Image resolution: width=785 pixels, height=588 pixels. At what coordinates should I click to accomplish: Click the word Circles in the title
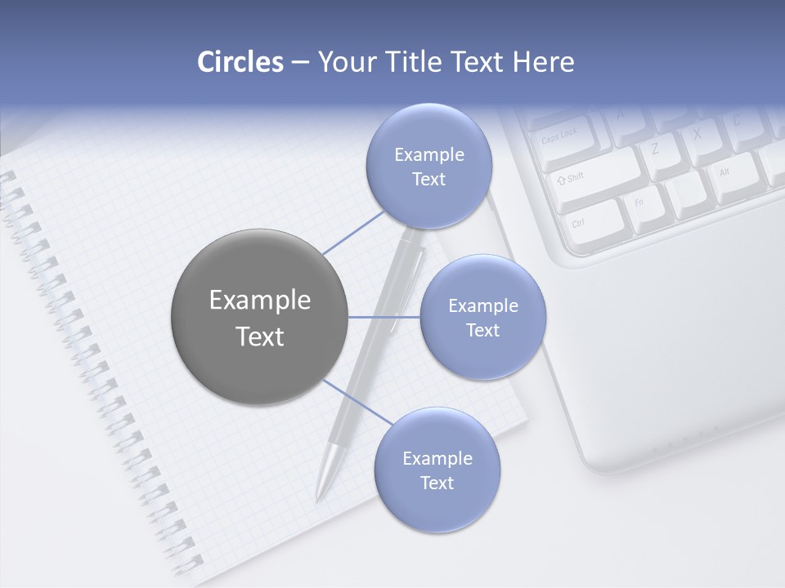(x=240, y=62)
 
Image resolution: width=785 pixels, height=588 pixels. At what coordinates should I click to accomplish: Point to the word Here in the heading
(x=543, y=62)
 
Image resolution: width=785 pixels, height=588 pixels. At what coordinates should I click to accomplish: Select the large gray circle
(x=259, y=317)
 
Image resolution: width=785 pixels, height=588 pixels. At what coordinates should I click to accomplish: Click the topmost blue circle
(x=428, y=166)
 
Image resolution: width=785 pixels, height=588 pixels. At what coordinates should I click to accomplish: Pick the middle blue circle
(x=482, y=317)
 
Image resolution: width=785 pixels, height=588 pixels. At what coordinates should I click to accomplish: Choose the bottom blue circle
(x=437, y=470)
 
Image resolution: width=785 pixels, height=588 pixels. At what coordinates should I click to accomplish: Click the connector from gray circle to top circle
(x=353, y=233)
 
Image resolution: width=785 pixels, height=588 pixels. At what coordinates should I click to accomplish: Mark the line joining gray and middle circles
(x=384, y=317)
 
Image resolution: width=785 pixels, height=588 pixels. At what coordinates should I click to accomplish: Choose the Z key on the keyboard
(x=657, y=149)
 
